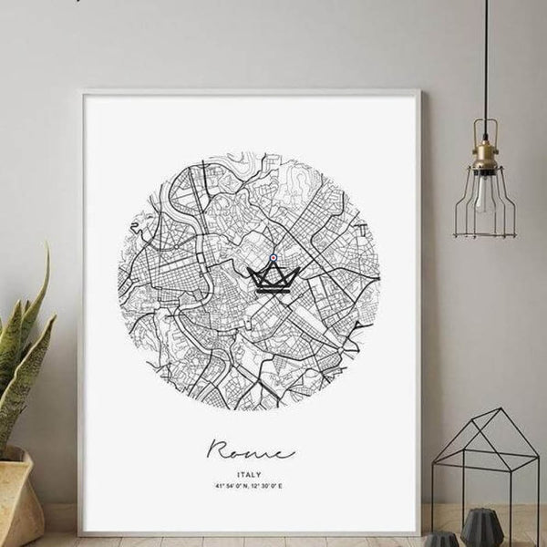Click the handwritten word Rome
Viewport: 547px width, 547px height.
pos(250,449)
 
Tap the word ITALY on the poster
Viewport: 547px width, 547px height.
pos(250,473)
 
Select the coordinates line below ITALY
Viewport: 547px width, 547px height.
pos(250,486)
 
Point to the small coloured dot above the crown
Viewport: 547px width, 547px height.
pos(273,258)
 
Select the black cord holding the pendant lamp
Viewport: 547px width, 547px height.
pos(486,64)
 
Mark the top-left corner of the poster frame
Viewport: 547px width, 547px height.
pos(81,91)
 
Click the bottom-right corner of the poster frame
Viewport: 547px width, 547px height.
pos(419,534)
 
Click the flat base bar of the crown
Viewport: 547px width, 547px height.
pos(273,290)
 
